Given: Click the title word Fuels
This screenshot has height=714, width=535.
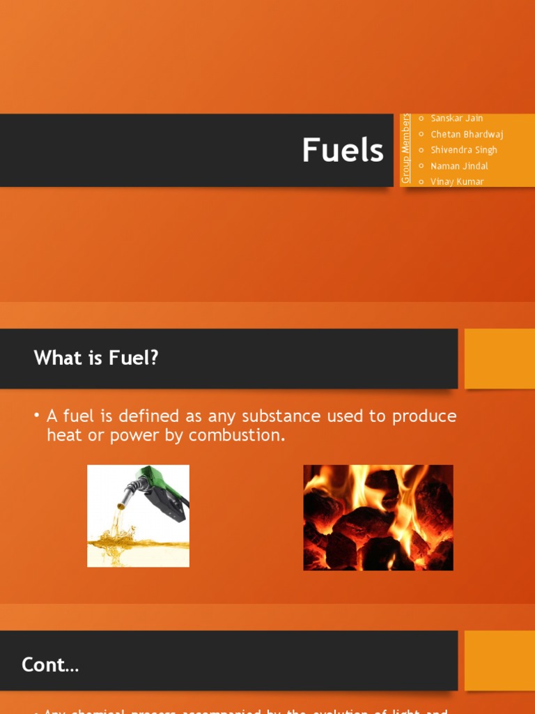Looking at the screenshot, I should click(x=342, y=151).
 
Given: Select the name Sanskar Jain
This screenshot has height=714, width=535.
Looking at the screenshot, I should click(x=456, y=119).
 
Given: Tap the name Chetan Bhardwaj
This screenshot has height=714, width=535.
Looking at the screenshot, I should click(x=467, y=135).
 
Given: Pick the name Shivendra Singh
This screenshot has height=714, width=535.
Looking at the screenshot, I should click(x=463, y=150).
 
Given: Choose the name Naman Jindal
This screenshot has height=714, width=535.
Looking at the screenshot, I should click(x=459, y=166).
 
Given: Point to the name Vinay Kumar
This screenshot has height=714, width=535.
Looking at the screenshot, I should click(x=457, y=182).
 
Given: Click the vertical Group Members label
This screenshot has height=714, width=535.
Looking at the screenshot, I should click(x=406, y=149).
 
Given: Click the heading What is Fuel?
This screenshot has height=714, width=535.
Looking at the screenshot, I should click(x=96, y=358).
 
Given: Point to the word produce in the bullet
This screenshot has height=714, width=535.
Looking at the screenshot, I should click(x=424, y=416).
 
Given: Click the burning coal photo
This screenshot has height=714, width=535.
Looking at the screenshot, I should click(x=378, y=517).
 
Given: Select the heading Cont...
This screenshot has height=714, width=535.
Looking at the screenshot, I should click(x=50, y=665).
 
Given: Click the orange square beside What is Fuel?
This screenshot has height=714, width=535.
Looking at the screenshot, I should click(x=499, y=358).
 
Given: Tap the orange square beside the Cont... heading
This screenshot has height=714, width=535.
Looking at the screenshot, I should click(x=499, y=660).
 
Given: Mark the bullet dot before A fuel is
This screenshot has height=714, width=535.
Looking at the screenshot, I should click(x=37, y=416).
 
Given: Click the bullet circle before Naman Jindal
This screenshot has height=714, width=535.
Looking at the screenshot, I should click(x=421, y=166).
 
